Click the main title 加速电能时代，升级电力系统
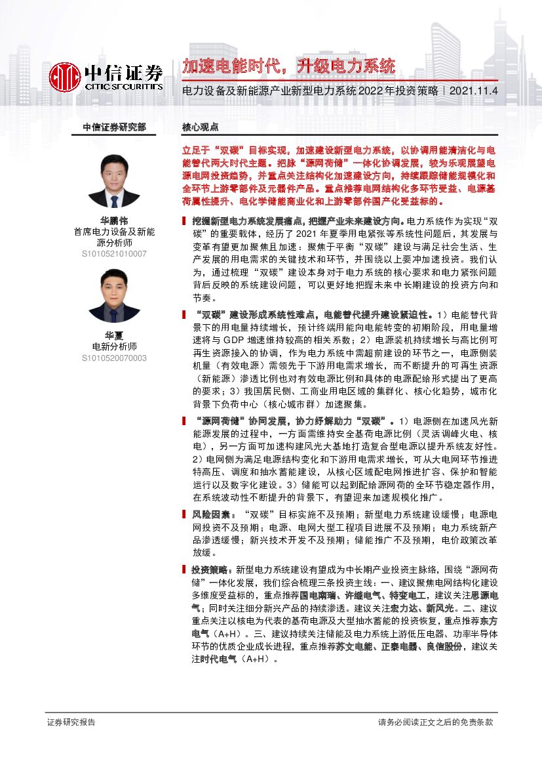click(288, 66)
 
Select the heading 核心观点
click(200, 127)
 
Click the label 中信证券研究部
click(114, 127)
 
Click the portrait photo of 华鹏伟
click(114, 182)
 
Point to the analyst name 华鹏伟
click(114, 220)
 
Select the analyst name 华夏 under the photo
click(114, 335)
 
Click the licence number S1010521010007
click(114, 253)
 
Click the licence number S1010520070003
click(114, 358)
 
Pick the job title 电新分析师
click(114, 346)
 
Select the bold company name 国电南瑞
click(317, 596)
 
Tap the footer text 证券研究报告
click(71, 722)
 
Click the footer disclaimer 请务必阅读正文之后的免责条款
click(435, 722)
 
